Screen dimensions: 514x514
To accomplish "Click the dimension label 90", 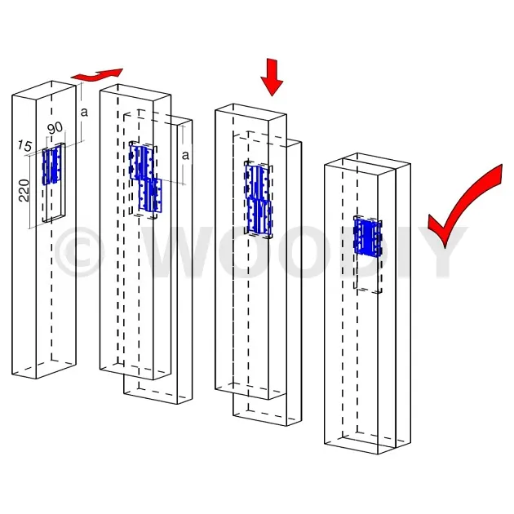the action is coord(55,127).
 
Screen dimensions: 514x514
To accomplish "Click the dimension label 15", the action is coord(25,145).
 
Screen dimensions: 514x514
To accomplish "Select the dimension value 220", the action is coord(24,190).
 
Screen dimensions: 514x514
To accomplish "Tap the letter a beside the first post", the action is coord(84,112).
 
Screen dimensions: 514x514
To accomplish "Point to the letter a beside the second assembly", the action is coord(185,155).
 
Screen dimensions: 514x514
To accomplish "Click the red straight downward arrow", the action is coord(272,78).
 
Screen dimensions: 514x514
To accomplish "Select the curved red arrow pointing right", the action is coord(97,74).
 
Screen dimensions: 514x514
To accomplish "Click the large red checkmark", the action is coord(465,206).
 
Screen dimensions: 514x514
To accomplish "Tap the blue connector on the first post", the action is coord(51,165).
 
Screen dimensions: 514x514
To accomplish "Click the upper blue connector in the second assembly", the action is coord(142,162).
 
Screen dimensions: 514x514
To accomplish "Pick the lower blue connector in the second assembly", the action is coord(151,195).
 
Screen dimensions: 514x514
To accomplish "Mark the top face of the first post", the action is coord(44,89).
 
